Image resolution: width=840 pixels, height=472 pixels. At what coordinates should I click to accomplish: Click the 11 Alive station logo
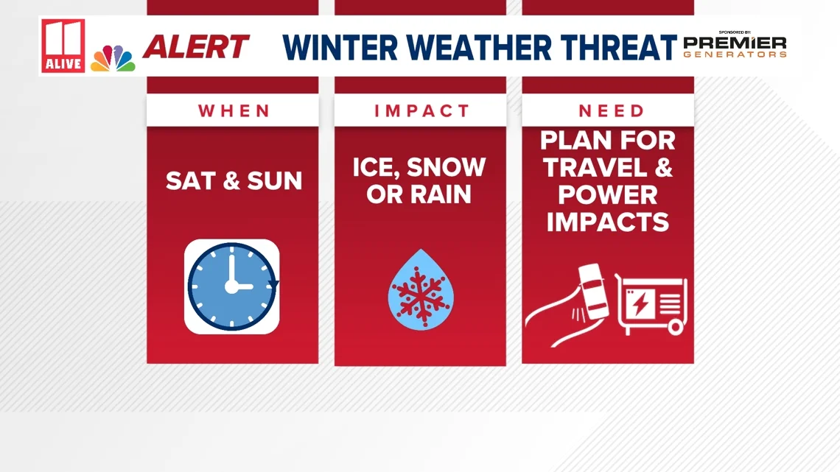click(x=63, y=46)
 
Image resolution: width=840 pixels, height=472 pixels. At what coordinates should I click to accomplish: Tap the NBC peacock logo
click(x=113, y=58)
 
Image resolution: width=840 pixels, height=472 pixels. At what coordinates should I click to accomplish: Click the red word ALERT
click(x=195, y=46)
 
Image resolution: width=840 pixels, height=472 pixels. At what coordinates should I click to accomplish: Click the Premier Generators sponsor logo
click(x=735, y=46)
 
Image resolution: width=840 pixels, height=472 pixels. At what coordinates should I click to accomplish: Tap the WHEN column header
click(x=234, y=110)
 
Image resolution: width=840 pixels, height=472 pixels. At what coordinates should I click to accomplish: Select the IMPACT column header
click(x=421, y=110)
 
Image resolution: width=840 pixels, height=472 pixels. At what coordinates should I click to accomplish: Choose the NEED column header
click(x=612, y=110)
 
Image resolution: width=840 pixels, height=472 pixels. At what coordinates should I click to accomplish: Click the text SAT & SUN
click(x=234, y=181)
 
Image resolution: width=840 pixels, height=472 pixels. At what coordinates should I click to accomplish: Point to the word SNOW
click(x=447, y=167)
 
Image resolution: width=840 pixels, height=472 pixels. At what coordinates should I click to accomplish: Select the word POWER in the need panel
click(x=607, y=195)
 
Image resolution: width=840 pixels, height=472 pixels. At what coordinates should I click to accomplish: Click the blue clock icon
click(x=232, y=286)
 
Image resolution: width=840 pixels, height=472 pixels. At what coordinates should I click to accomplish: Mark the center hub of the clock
click(x=231, y=287)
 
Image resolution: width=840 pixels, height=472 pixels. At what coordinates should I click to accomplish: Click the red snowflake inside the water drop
click(x=421, y=296)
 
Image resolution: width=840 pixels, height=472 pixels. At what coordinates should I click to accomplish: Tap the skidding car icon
click(x=592, y=292)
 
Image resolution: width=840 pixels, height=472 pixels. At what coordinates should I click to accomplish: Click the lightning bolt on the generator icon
click(x=640, y=303)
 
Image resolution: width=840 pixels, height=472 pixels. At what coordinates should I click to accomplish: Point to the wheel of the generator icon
click(x=675, y=326)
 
